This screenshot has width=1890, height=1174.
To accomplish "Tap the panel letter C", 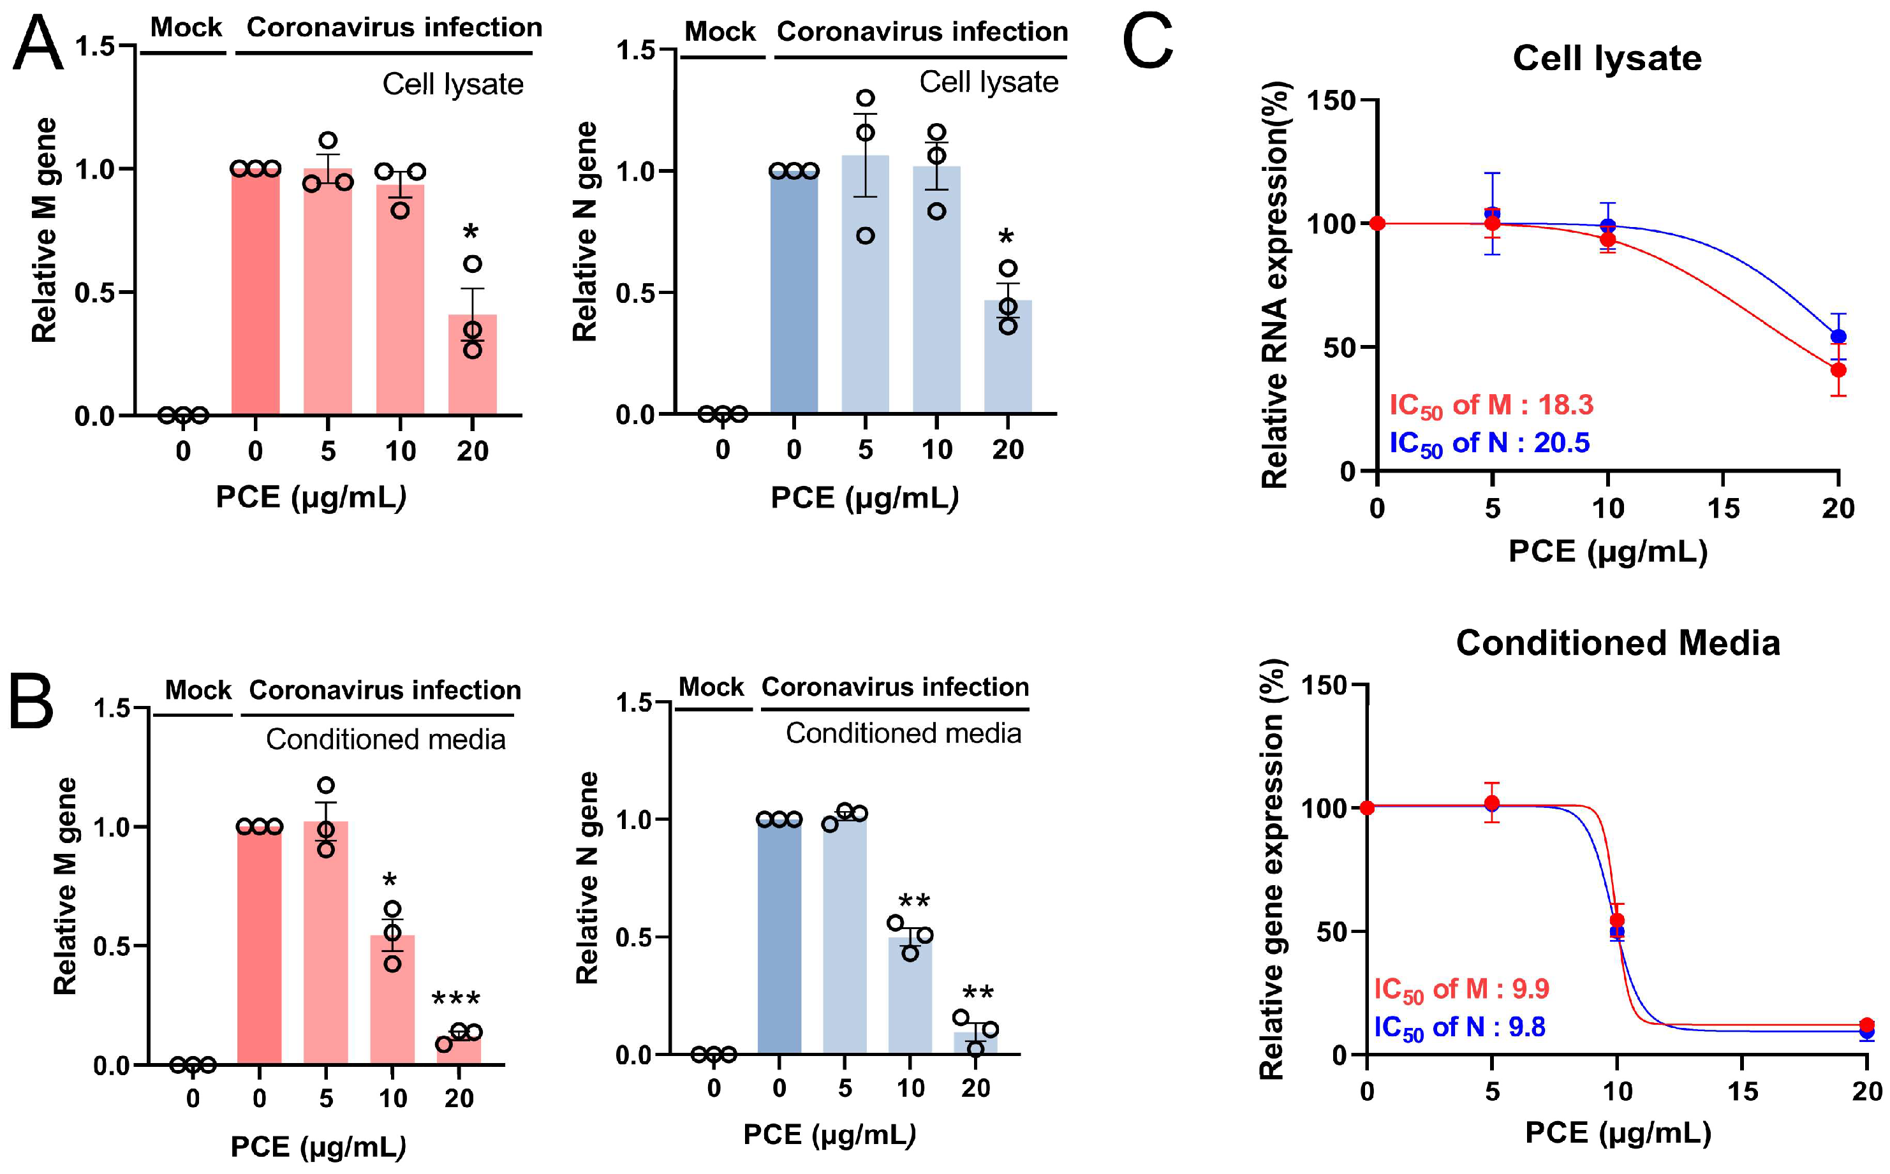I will click(1147, 43).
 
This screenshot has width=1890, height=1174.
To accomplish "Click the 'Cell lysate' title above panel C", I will click(1607, 58).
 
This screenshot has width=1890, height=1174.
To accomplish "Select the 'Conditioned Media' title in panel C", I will click(1618, 643).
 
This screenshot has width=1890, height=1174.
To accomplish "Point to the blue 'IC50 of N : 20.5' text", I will click(1489, 443).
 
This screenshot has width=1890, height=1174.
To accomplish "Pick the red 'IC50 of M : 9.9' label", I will click(1461, 988).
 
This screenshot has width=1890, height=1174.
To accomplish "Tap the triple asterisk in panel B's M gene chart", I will click(456, 999).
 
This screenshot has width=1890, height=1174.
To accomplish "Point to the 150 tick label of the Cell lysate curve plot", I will click(1331, 100).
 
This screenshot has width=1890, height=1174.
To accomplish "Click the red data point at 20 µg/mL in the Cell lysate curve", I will click(1838, 371).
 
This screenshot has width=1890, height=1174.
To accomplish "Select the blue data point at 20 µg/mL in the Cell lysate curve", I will click(1838, 336).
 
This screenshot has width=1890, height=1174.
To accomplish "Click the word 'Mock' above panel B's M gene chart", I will click(198, 689).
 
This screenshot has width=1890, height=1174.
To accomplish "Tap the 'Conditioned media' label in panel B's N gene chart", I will click(903, 733).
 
